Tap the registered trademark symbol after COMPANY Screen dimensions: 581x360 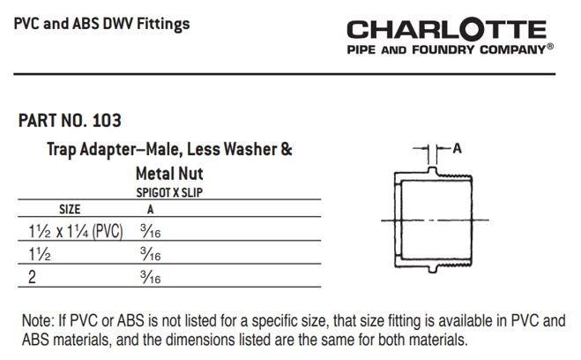click(550, 47)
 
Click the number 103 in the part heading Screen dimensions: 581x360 click(107, 121)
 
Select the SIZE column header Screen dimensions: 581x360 click(70, 209)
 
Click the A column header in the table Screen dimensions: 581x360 click(150, 209)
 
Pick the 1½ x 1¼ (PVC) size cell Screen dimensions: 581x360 click(76, 231)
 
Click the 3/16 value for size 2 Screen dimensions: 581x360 click(151, 277)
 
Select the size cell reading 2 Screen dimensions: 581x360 click(32, 277)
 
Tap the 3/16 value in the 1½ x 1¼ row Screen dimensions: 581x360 click(151, 231)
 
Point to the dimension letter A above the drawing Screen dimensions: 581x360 click(458, 148)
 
